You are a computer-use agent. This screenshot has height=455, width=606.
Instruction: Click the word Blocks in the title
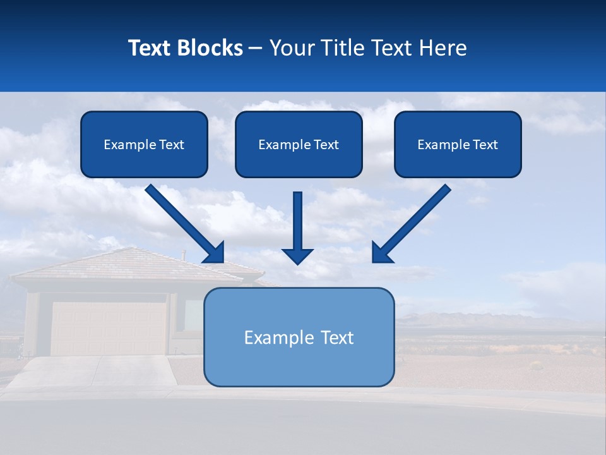(x=210, y=48)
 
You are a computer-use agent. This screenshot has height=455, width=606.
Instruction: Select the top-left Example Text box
(x=144, y=144)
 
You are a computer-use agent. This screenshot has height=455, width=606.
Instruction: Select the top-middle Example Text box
(x=299, y=144)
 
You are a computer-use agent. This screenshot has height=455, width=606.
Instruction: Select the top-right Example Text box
(x=458, y=144)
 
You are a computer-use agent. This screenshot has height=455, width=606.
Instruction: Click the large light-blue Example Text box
(x=299, y=337)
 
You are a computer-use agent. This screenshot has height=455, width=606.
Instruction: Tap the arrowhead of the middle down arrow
(x=297, y=255)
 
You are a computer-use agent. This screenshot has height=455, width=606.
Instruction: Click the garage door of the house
(x=107, y=329)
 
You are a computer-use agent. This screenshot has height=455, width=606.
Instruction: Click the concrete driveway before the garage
(x=95, y=373)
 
